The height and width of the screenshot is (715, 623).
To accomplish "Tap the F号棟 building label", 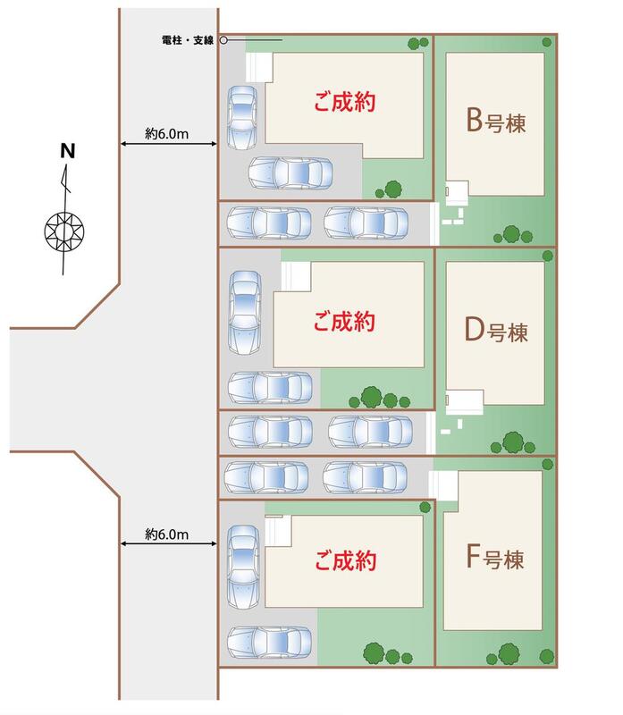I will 494,560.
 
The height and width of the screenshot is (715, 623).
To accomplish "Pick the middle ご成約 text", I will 343,321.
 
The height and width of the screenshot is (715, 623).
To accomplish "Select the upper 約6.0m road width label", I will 168,133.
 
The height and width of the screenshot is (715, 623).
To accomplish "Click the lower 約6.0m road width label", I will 168,534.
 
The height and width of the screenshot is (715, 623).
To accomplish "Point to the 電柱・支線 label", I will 185,40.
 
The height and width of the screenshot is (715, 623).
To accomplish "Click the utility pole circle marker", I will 223,40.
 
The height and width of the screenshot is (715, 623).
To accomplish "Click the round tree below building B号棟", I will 512,234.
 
